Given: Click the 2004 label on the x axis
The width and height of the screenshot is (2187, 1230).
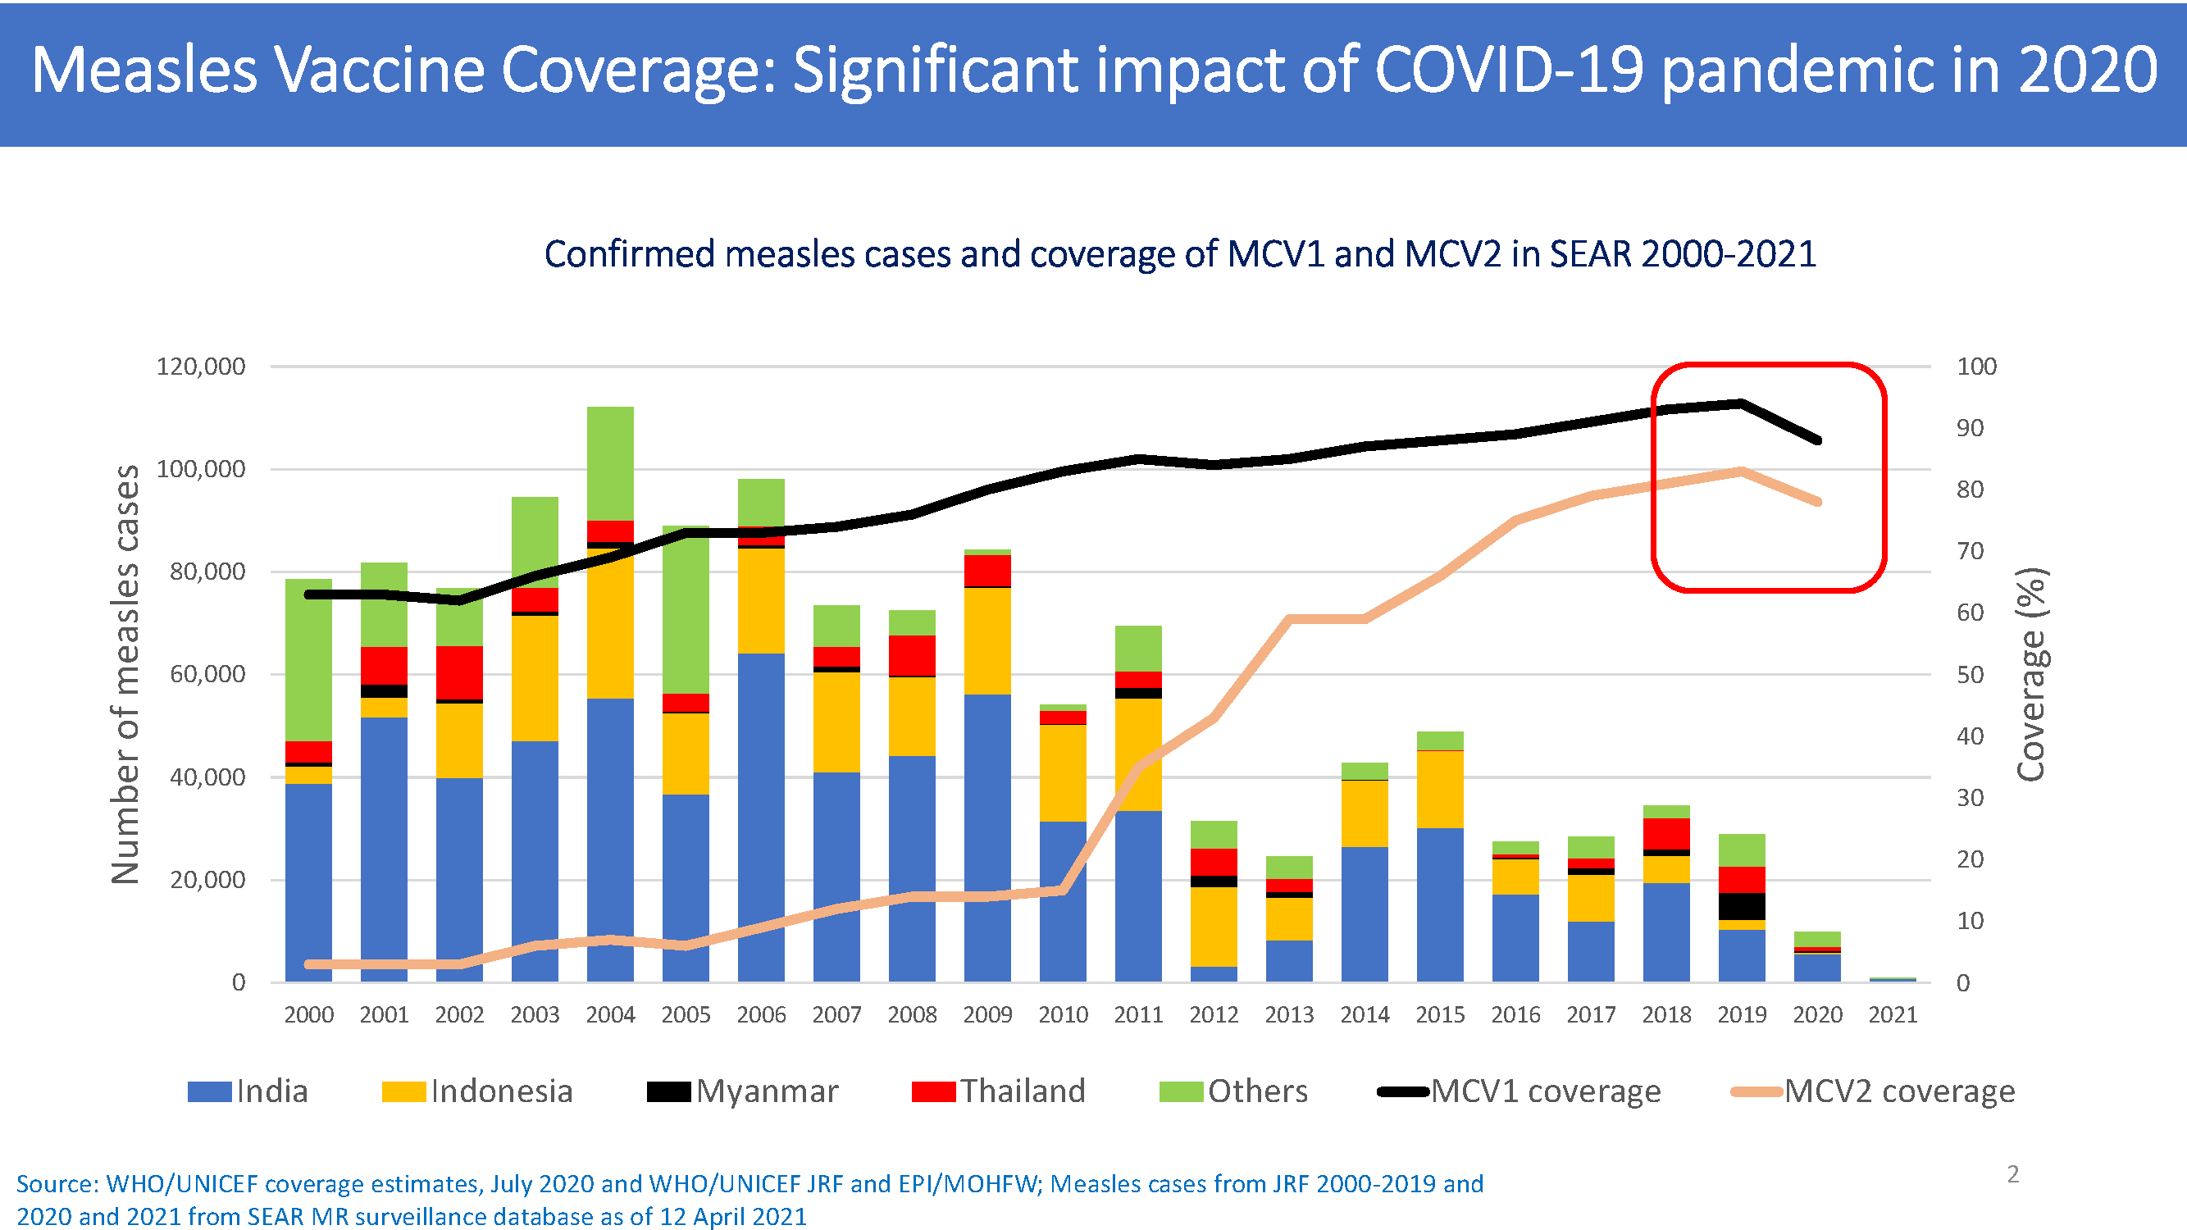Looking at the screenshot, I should pos(610,1014).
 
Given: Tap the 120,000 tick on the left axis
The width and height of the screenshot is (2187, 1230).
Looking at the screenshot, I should pos(200,367).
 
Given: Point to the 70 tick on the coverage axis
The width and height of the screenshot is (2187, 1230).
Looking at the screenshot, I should pos(1970,551).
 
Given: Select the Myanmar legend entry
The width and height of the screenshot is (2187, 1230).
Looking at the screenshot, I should pos(743,1091).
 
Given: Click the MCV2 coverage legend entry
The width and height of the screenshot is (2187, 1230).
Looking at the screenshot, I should pos(1873,1091).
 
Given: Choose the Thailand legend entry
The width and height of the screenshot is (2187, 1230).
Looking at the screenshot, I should pos(999,1091).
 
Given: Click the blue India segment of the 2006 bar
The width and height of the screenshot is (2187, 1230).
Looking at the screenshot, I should pos(761,815).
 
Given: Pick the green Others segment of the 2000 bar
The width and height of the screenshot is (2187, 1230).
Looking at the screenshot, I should pos(308,659).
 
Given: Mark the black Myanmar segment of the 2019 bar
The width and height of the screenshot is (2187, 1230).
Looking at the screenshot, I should pos(1742,906).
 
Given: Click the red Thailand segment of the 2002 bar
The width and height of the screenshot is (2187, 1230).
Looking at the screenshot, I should pos(459,672).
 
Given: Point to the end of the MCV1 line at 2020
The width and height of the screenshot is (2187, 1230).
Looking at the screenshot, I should pos(1818,440).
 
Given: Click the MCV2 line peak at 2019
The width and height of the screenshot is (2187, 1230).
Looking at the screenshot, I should pos(1741,471).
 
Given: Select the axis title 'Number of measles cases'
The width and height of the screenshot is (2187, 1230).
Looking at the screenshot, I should pos(125,674).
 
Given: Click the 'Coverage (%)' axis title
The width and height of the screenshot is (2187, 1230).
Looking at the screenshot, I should pos(2032,674).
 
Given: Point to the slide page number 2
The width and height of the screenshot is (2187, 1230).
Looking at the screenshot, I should pos(2013,1174).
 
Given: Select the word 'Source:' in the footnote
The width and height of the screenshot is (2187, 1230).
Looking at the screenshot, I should pos(57,1184).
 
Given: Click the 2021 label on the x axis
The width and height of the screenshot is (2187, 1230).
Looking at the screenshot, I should pos(1893,1014).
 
